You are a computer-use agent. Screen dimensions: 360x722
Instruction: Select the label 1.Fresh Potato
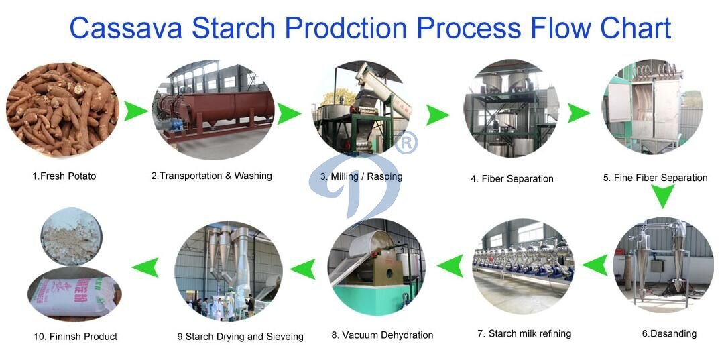[x=64, y=176]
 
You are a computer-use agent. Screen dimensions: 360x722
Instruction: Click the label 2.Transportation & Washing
[x=211, y=176]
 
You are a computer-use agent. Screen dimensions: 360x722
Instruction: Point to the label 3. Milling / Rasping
[x=361, y=176]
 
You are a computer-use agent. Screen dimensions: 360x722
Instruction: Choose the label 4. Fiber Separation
[x=512, y=179]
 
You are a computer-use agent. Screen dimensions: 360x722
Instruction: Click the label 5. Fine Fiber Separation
[x=655, y=178]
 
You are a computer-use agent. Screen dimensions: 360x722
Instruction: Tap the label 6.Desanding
[x=669, y=333]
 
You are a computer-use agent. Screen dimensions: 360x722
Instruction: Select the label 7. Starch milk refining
[x=524, y=333]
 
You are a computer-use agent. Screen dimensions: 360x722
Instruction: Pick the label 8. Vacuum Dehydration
[x=382, y=335]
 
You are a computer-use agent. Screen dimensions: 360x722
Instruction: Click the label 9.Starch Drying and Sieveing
[x=240, y=337]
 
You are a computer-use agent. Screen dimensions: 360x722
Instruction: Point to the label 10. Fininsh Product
[x=74, y=336]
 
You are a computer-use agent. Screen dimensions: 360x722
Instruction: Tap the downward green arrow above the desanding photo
[x=664, y=197]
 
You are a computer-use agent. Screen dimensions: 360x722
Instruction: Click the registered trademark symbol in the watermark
[x=406, y=142]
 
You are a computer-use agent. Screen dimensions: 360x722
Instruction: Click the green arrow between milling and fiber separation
[x=438, y=114]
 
